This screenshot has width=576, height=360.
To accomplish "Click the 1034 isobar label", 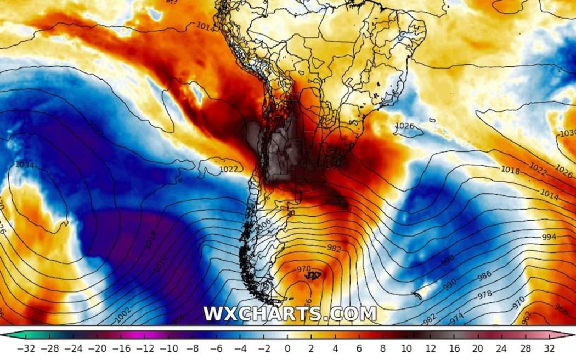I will click(24, 165).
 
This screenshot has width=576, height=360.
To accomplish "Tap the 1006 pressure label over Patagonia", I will click(264, 224).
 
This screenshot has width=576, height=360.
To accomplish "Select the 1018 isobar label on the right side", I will click(510, 171).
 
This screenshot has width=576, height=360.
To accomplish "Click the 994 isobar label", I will click(548, 237).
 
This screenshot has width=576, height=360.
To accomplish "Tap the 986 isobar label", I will click(484, 277).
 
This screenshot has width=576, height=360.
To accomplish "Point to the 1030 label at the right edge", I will click(567, 133).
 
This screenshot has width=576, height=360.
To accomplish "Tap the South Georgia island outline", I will click(416, 295).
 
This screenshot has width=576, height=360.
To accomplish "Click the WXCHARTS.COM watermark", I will click(290, 314).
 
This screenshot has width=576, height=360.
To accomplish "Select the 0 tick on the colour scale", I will click(287, 348).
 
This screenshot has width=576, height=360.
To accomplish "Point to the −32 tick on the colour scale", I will click(26, 348).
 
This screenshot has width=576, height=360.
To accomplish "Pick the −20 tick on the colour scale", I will click(100, 348).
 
